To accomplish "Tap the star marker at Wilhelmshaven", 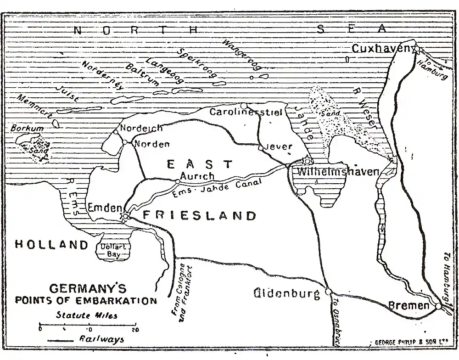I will [308, 161].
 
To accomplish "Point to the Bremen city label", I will [409, 305].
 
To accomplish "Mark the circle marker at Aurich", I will [177, 182].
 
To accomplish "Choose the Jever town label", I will [278, 147].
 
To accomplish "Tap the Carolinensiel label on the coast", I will [246, 112].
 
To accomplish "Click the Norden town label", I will [151, 144].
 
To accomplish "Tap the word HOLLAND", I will [51, 244].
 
